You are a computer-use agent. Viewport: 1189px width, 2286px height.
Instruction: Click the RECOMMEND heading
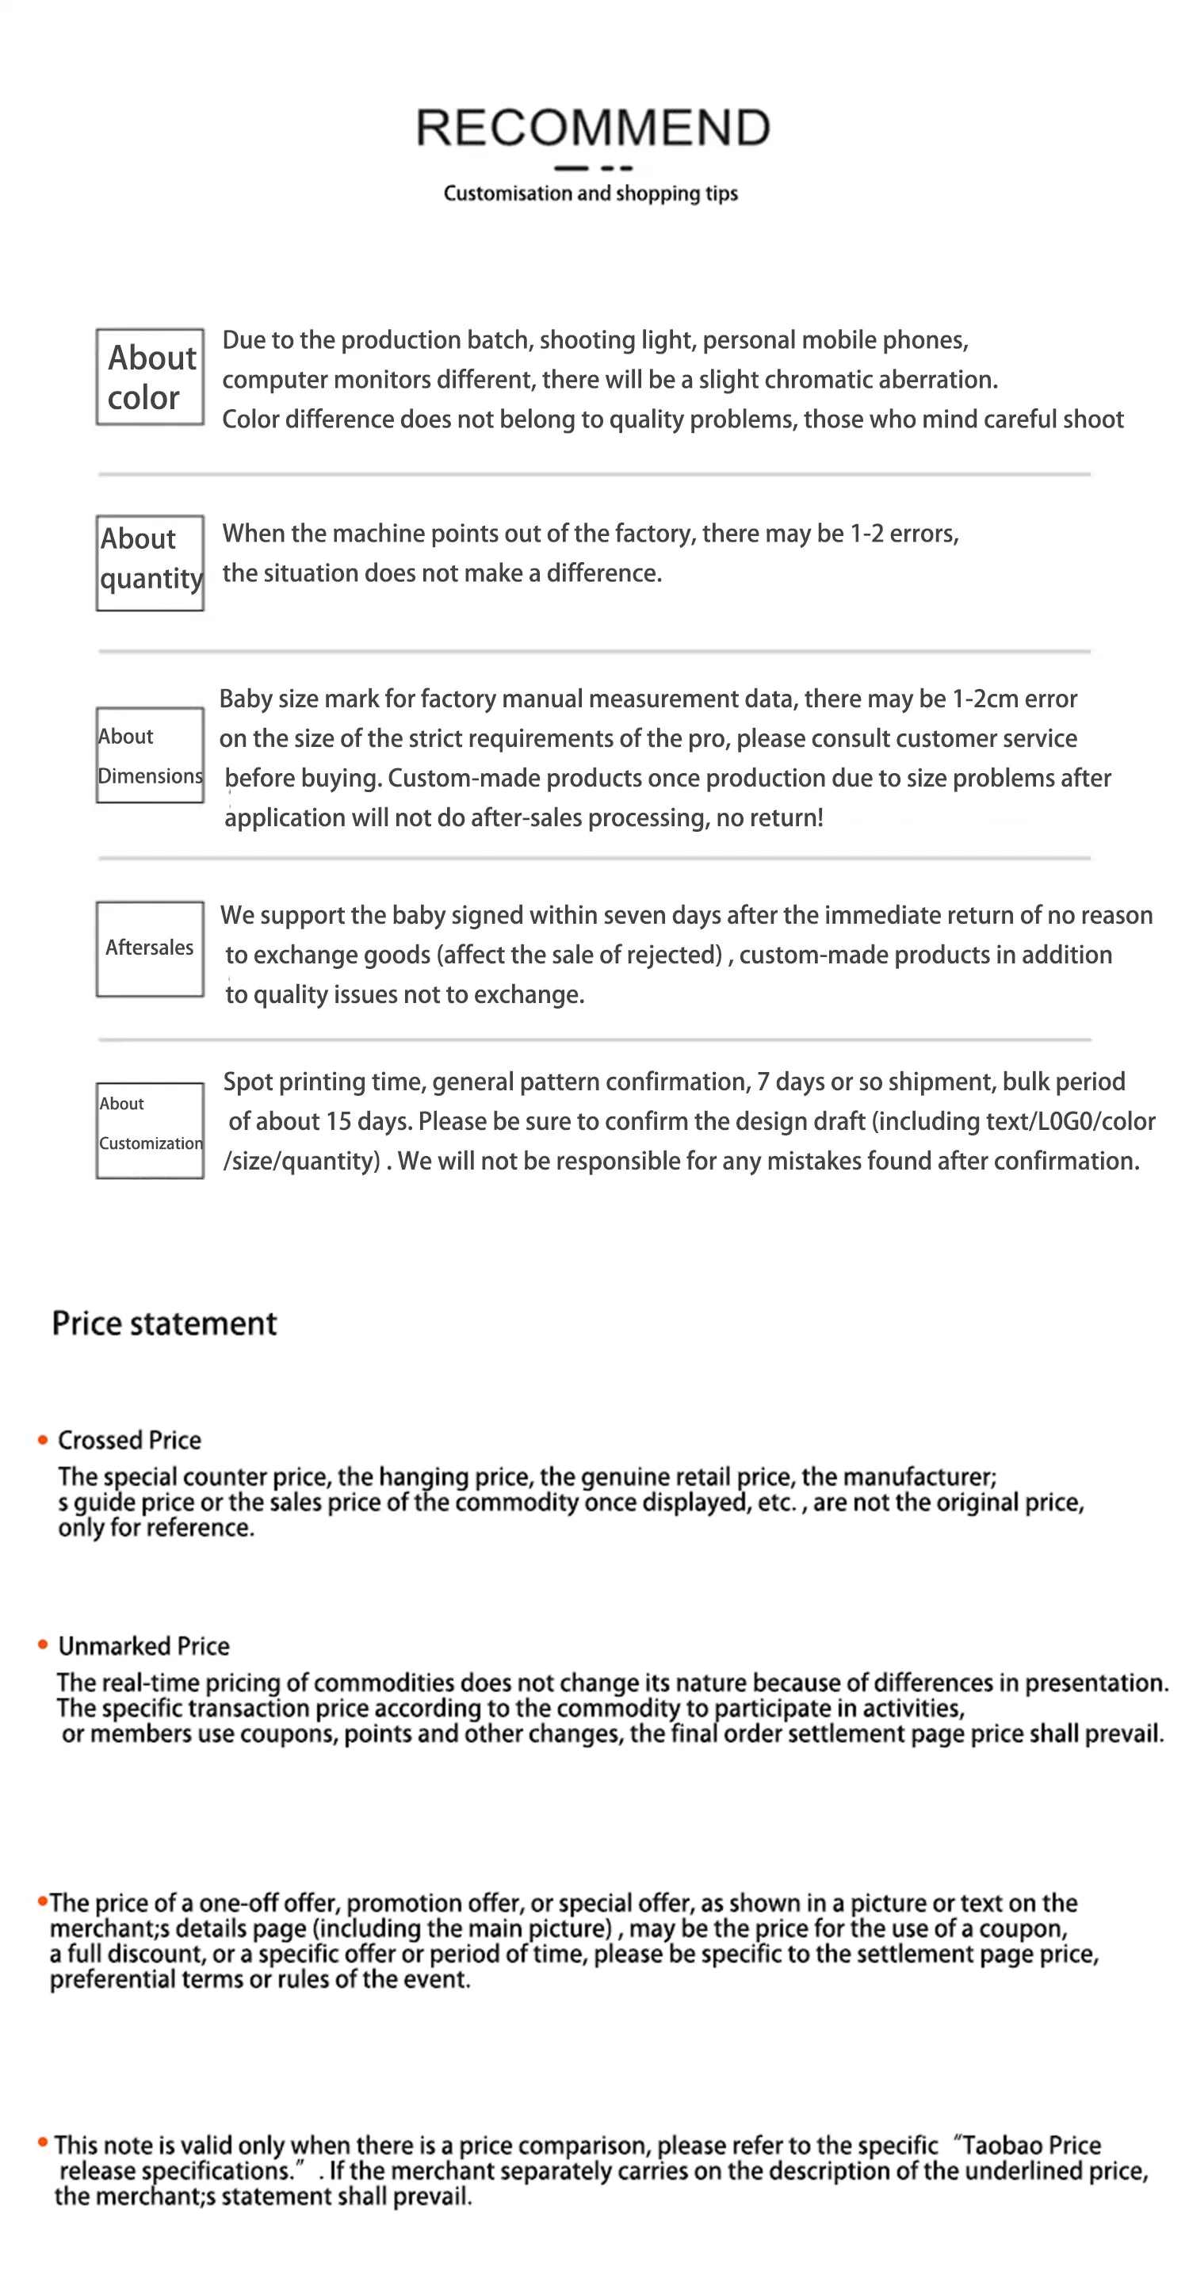[593, 127]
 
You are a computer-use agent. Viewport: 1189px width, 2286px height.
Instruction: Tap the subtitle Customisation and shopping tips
[590, 193]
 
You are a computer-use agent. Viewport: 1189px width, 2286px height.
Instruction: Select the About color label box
[150, 377]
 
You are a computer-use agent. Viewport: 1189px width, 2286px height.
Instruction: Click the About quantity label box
[150, 563]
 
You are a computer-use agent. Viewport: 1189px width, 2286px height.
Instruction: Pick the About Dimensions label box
[150, 755]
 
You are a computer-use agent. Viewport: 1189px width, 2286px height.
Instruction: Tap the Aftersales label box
[150, 948]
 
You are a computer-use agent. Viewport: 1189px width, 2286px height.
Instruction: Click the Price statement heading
[164, 1323]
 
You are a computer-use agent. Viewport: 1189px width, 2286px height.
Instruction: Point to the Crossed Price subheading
[129, 1439]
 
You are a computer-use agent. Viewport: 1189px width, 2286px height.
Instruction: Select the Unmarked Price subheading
[143, 1645]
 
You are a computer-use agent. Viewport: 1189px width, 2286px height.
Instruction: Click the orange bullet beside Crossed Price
[43, 1439]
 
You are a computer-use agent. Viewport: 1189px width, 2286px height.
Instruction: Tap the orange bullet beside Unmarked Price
[43, 1645]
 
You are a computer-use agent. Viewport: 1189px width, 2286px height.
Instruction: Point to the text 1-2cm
[985, 699]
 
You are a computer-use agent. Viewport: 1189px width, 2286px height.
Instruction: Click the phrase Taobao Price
[1031, 2145]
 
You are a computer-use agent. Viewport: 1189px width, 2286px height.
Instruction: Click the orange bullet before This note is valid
[43, 2142]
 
